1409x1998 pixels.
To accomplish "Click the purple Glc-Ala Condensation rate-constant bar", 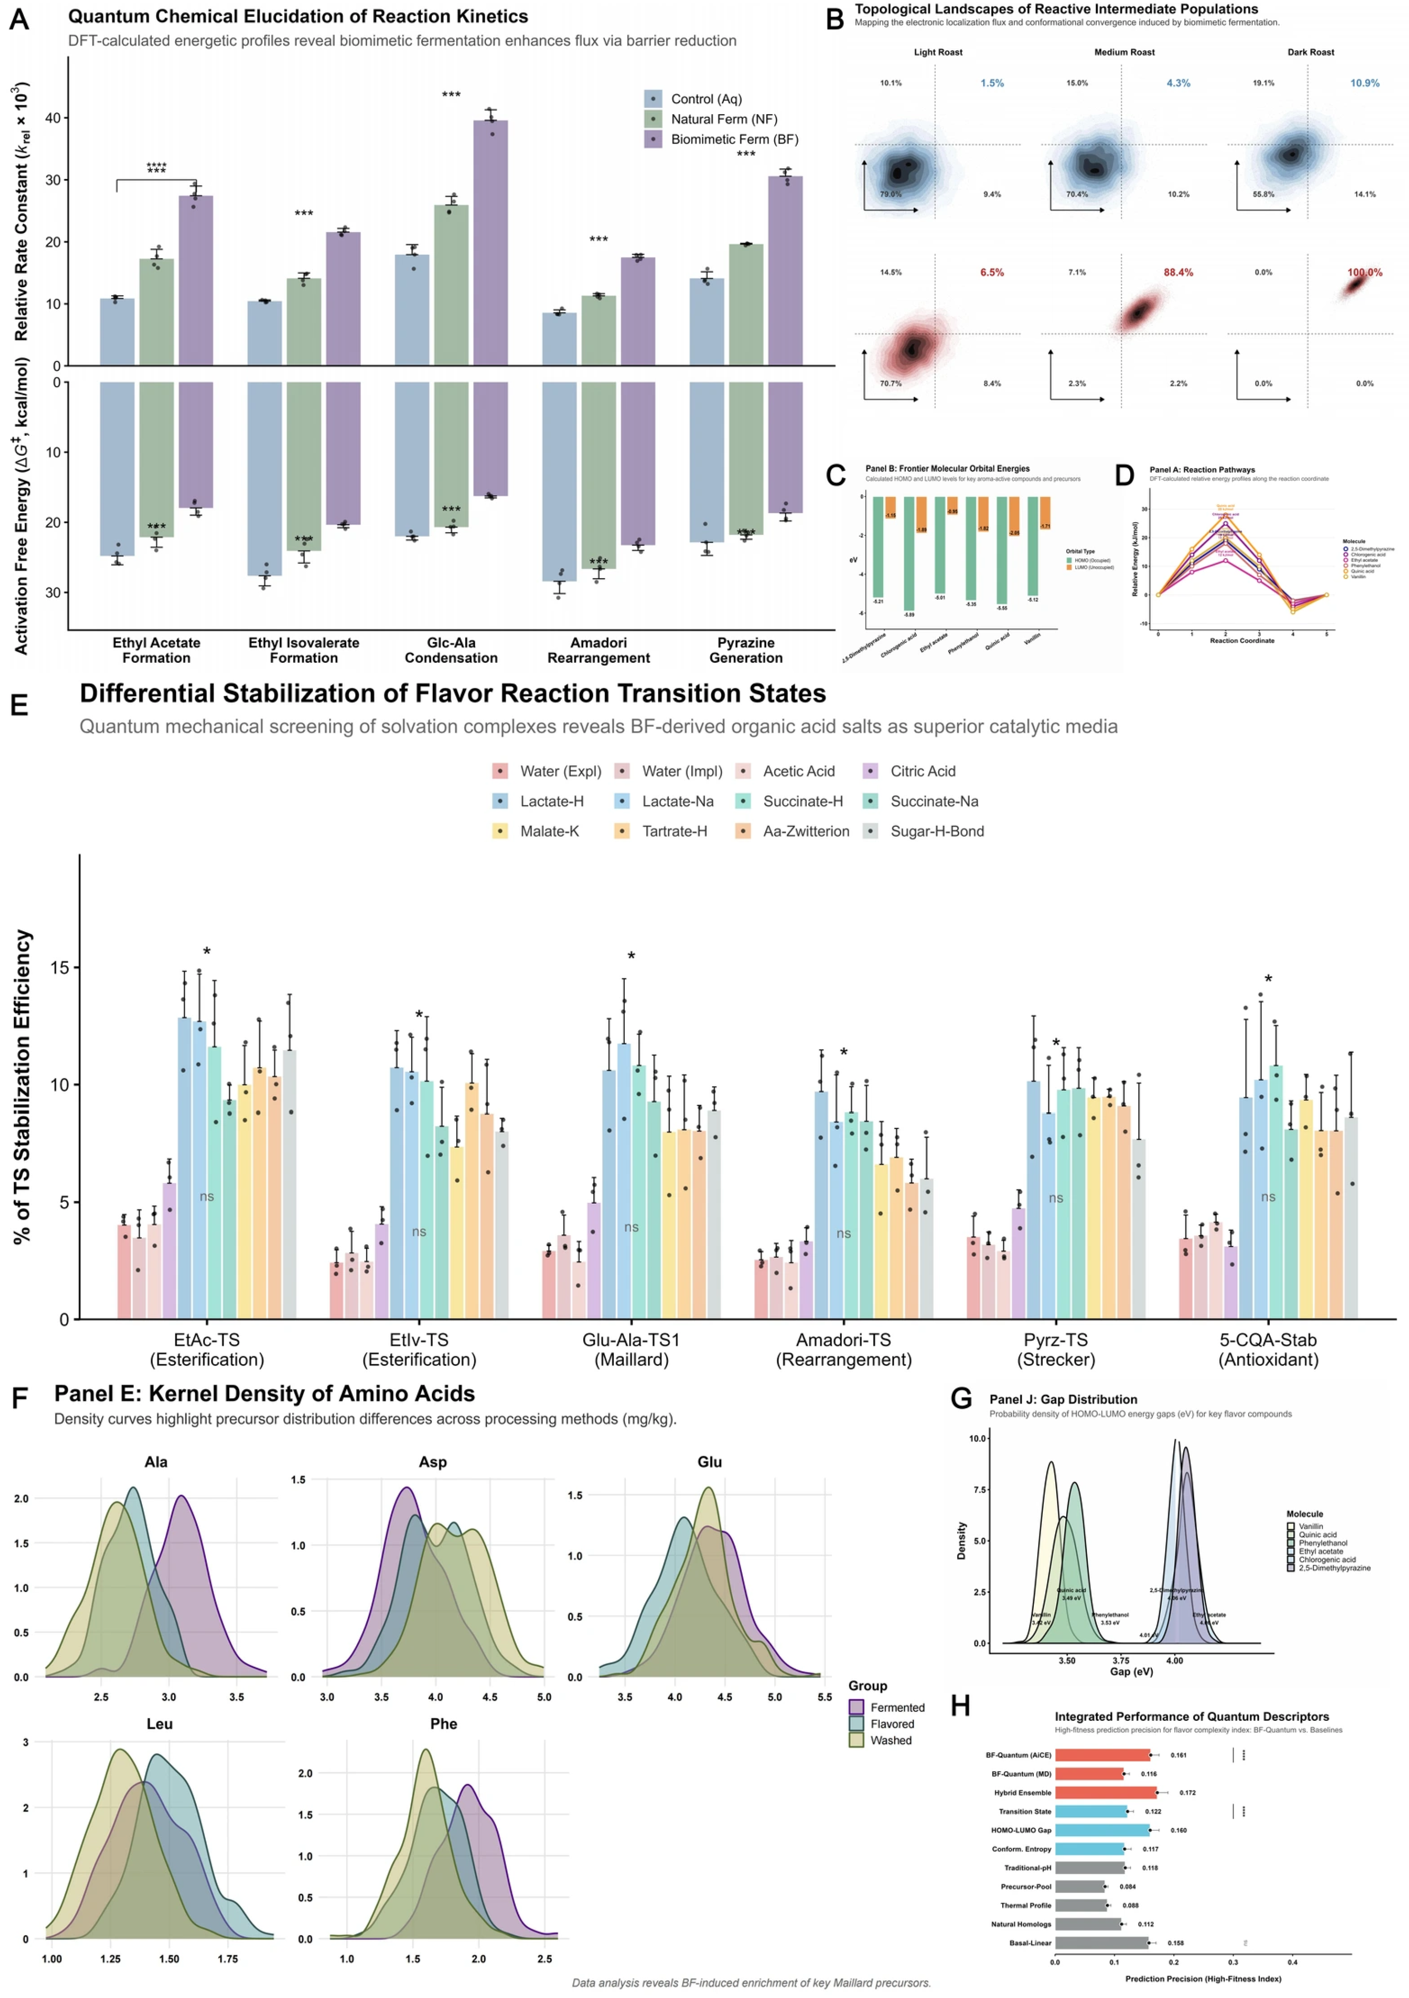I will coord(490,244).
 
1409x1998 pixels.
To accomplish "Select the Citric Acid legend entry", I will coord(923,771).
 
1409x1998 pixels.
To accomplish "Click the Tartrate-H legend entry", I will coord(674,831).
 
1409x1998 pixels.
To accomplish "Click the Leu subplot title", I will coord(159,1724).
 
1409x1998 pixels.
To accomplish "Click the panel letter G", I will coord(961,1398).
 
